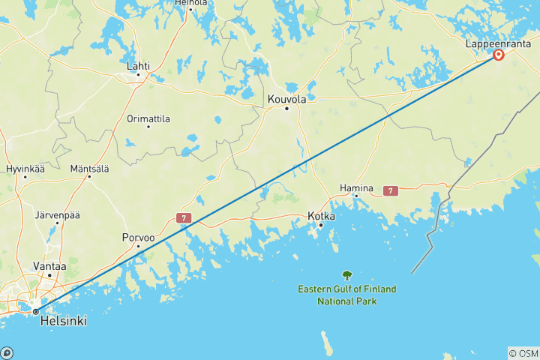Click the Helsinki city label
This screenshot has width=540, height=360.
pyautogui.click(x=62, y=321)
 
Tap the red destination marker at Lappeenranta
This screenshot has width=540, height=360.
pyautogui.click(x=499, y=55)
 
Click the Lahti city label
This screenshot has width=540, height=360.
pyautogui.click(x=138, y=66)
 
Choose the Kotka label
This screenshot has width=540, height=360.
pyautogui.click(x=321, y=216)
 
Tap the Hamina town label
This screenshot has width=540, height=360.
pyautogui.click(x=356, y=187)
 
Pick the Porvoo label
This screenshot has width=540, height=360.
pyautogui.click(x=139, y=238)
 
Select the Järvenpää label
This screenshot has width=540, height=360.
pyautogui.click(x=57, y=215)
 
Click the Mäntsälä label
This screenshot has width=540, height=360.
pyautogui.click(x=89, y=168)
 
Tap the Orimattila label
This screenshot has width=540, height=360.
pyautogui.click(x=148, y=118)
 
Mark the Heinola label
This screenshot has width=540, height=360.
pyautogui.click(x=190, y=3)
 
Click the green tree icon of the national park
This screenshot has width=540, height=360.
pyautogui.click(x=346, y=275)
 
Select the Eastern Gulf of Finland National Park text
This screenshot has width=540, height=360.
pyautogui.click(x=346, y=295)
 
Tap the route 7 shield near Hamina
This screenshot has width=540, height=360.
pyautogui.click(x=390, y=191)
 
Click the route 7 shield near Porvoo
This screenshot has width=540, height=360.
pyautogui.click(x=184, y=218)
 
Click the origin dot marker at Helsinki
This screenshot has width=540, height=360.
pyautogui.click(x=35, y=311)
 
